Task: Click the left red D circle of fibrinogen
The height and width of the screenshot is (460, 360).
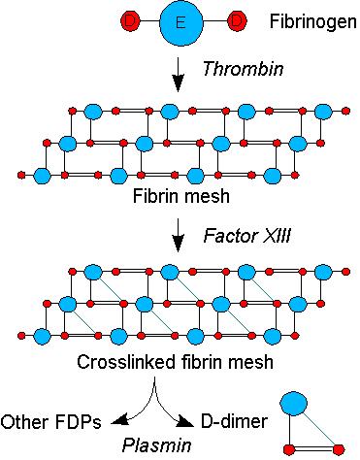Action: click(130, 20)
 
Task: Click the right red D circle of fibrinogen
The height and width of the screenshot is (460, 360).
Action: click(234, 20)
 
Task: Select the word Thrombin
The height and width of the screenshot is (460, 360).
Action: click(232, 69)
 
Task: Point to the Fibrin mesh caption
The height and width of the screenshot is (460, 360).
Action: click(180, 196)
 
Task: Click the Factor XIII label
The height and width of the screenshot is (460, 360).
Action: click(236, 236)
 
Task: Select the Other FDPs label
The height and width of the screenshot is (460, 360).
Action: click(43, 421)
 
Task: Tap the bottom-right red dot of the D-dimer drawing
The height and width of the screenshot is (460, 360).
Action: click(337, 448)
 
